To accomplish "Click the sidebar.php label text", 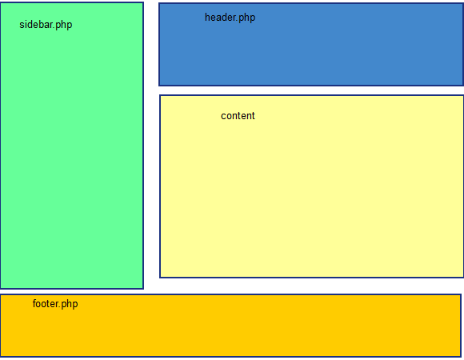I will [46, 25].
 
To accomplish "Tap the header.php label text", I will [230, 18].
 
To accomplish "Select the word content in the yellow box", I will [238, 116].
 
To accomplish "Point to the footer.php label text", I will [55, 304].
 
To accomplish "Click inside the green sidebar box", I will [72, 160].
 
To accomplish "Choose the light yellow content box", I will [312, 192].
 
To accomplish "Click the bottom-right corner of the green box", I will [143, 288].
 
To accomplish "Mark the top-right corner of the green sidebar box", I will [143, 2].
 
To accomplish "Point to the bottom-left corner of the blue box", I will [159, 85].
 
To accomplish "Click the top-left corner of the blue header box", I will [159, 3].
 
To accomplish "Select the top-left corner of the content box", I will [160, 95].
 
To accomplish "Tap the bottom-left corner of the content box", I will [160, 278].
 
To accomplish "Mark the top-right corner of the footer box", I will [461, 294].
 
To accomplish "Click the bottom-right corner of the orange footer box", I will [461, 356].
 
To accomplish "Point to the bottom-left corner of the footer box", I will [1, 356].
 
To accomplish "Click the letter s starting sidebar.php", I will [22, 25].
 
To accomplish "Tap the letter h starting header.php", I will [207, 18].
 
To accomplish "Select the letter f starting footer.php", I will [34, 304].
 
